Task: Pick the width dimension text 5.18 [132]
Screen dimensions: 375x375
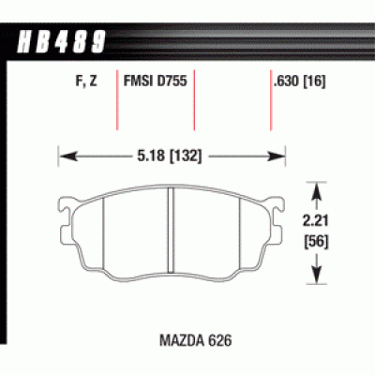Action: pyautogui.click(x=171, y=148)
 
